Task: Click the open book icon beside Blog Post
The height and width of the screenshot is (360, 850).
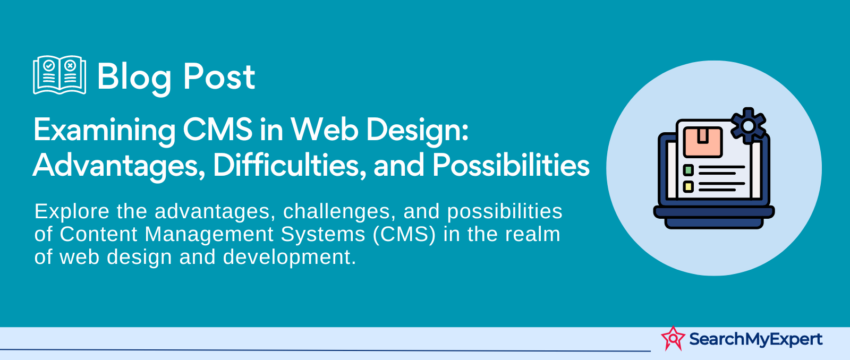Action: [x=59, y=75]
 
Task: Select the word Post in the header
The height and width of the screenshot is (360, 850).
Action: [x=219, y=77]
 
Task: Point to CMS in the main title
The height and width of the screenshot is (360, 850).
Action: [x=217, y=130]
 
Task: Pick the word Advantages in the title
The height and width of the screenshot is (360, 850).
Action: [x=119, y=166]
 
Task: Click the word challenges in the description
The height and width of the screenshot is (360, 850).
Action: [x=337, y=212]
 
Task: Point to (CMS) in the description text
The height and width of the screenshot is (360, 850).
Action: [x=404, y=235]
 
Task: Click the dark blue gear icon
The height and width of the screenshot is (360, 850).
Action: [x=749, y=126]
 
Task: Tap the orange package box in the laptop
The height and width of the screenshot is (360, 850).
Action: [x=703, y=142]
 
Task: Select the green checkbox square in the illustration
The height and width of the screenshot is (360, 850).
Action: [x=688, y=170]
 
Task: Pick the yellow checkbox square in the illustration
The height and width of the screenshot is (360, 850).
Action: [x=688, y=186]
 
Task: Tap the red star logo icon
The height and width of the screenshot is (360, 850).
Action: [x=673, y=338]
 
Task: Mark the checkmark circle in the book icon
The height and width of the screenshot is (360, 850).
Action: [x=49, y=66]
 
